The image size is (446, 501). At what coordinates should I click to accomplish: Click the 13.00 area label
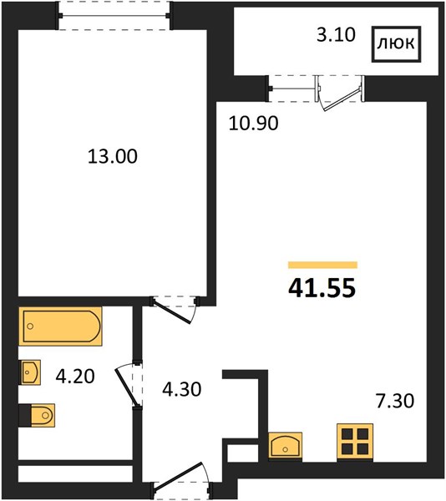(113, 157)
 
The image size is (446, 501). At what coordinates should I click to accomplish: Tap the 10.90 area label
(253, 124)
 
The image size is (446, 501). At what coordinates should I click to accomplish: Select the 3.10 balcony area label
(336, 35)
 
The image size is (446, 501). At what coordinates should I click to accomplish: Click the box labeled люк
(396, 43)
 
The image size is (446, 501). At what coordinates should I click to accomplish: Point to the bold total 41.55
(322, 287)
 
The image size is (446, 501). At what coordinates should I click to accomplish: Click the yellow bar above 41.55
(322, 265)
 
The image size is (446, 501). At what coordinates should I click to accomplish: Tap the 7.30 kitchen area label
(395, 401)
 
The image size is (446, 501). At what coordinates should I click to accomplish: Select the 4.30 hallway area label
(182, 389)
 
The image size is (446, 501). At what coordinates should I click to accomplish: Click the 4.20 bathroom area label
(75, 376)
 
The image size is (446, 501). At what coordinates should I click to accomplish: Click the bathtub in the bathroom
(60, 326)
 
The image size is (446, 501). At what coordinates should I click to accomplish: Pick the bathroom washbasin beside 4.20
(30, 372)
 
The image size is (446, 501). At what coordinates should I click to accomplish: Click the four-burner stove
(355, 442)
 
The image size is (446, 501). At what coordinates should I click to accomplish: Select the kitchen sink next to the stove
(285, 445)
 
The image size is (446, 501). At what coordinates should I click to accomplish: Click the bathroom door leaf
(126, 387)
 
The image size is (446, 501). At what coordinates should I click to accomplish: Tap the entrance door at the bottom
(180, 477)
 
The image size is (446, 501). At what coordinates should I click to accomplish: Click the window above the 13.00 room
(114, 16)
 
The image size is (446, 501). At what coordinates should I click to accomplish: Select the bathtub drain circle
(30, 326)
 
